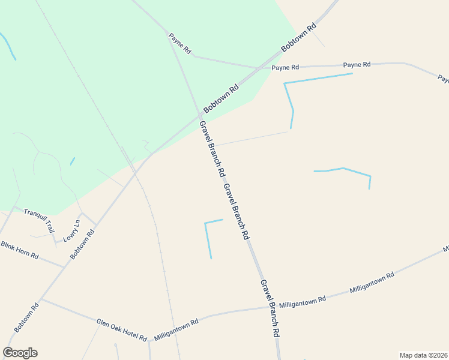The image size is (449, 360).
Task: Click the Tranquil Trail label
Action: tap(39, 220)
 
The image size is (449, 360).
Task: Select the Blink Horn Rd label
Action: tap(19, 250)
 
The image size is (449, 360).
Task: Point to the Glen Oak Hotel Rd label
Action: tap(122, 331)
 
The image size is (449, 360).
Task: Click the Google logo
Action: tap(20, 353)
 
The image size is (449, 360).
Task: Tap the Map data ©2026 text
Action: tap(423, 355)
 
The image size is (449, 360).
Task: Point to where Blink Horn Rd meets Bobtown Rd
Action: tap(65, 266)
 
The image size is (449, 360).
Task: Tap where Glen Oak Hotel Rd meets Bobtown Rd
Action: tap(41, 299)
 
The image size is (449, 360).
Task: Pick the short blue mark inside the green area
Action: tap(72, 161)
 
